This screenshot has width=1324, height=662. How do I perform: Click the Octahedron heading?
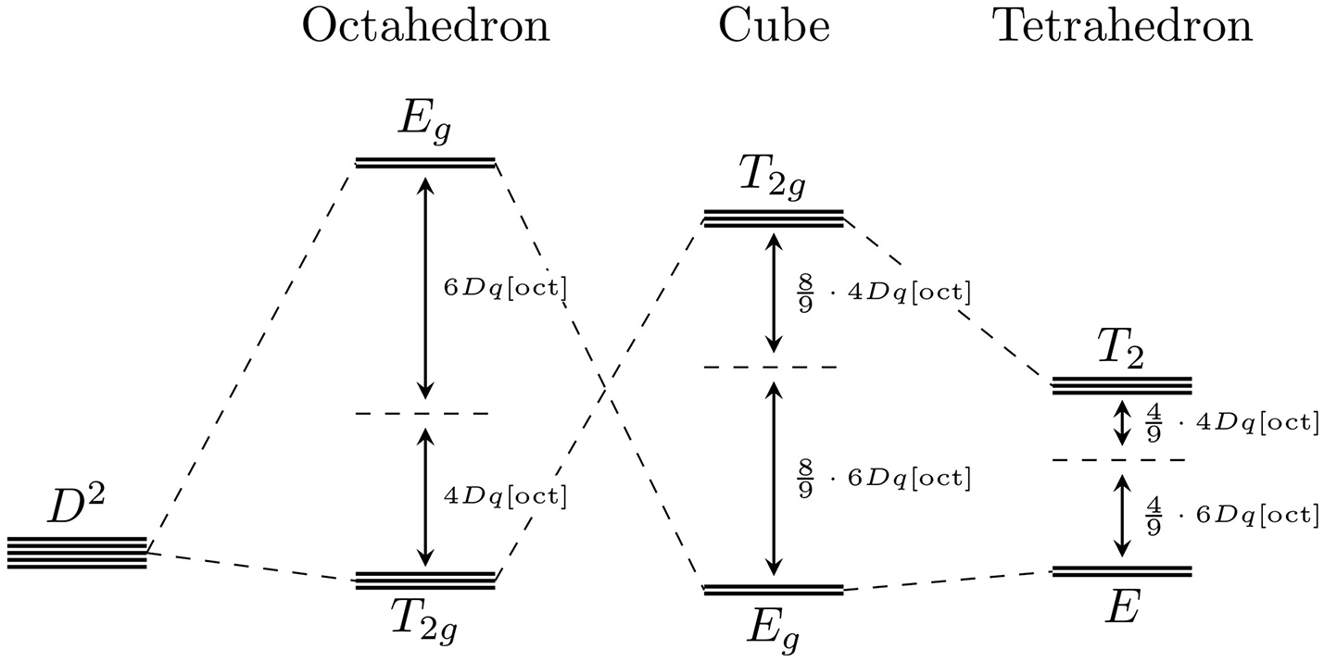tap(425, 28)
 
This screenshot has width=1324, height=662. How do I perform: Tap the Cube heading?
tap(774, 28)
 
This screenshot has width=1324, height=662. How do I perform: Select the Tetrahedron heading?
tap(1122, 28)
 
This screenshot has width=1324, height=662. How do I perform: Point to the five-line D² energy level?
tap(77, 553)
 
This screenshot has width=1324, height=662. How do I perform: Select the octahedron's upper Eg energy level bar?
tap(425, 164)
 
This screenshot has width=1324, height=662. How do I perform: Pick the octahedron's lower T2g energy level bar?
tap(425, 581)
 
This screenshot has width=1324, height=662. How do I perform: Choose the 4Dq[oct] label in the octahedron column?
tap(505, 495)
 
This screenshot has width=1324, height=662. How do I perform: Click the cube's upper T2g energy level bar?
tap(774, 219)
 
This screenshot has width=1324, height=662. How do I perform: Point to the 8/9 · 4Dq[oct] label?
tap(883, 293)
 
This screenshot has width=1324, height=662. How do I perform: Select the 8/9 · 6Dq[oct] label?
tap(883, 478)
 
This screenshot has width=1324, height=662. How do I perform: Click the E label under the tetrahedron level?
tap(1120, 609)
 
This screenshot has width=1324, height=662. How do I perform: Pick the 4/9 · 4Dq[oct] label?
tap(1231, 422)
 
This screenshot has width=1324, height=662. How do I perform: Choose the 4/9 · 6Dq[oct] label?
tap(1231, 515)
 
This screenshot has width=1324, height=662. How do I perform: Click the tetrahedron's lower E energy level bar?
tap(1122, 570)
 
